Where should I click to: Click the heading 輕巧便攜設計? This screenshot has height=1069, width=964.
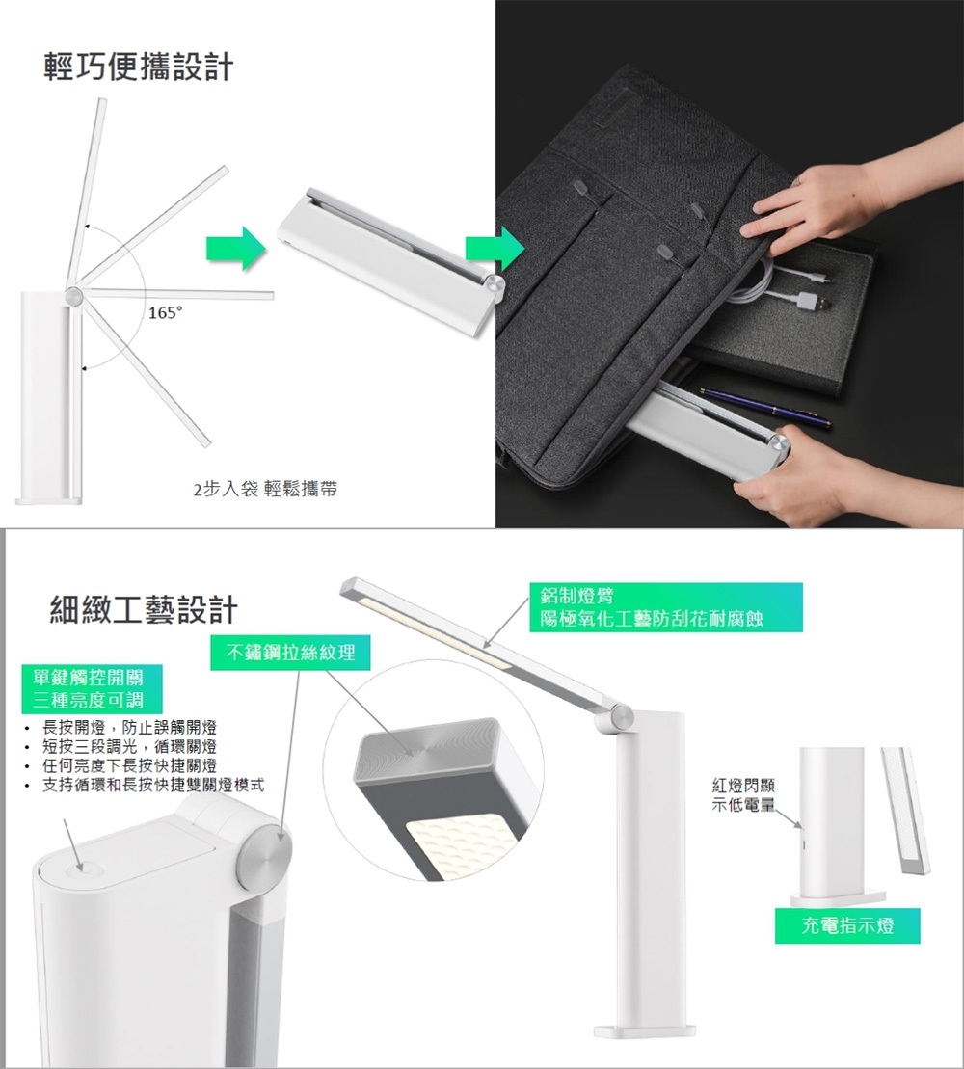coord(139,67)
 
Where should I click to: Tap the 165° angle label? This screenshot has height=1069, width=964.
coord(166,313)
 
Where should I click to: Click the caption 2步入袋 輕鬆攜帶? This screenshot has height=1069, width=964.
coord(265,489)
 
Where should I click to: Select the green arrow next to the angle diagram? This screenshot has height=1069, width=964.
coord(235,248)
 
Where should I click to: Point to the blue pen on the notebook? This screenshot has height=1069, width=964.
coord(765,408)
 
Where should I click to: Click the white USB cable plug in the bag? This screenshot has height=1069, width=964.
coord(813,300)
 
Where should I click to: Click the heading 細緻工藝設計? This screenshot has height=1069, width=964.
coord(144,609)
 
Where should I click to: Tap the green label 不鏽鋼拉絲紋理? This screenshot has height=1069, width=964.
coord(290,653)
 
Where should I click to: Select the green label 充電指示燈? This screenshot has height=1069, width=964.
coord(847,925)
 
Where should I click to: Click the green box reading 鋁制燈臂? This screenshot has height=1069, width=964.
coord(666,606)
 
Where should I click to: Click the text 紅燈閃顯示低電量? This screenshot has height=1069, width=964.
coord(743,795)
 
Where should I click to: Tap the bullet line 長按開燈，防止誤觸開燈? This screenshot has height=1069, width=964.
coord(129,728)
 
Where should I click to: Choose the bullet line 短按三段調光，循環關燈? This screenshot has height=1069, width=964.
coord(129,746)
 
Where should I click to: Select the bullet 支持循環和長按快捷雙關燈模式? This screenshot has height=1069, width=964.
coord(152,785)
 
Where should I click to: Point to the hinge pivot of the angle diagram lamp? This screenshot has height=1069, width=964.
coord(73,296)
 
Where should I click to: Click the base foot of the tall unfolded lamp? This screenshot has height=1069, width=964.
coord(644,1030)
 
